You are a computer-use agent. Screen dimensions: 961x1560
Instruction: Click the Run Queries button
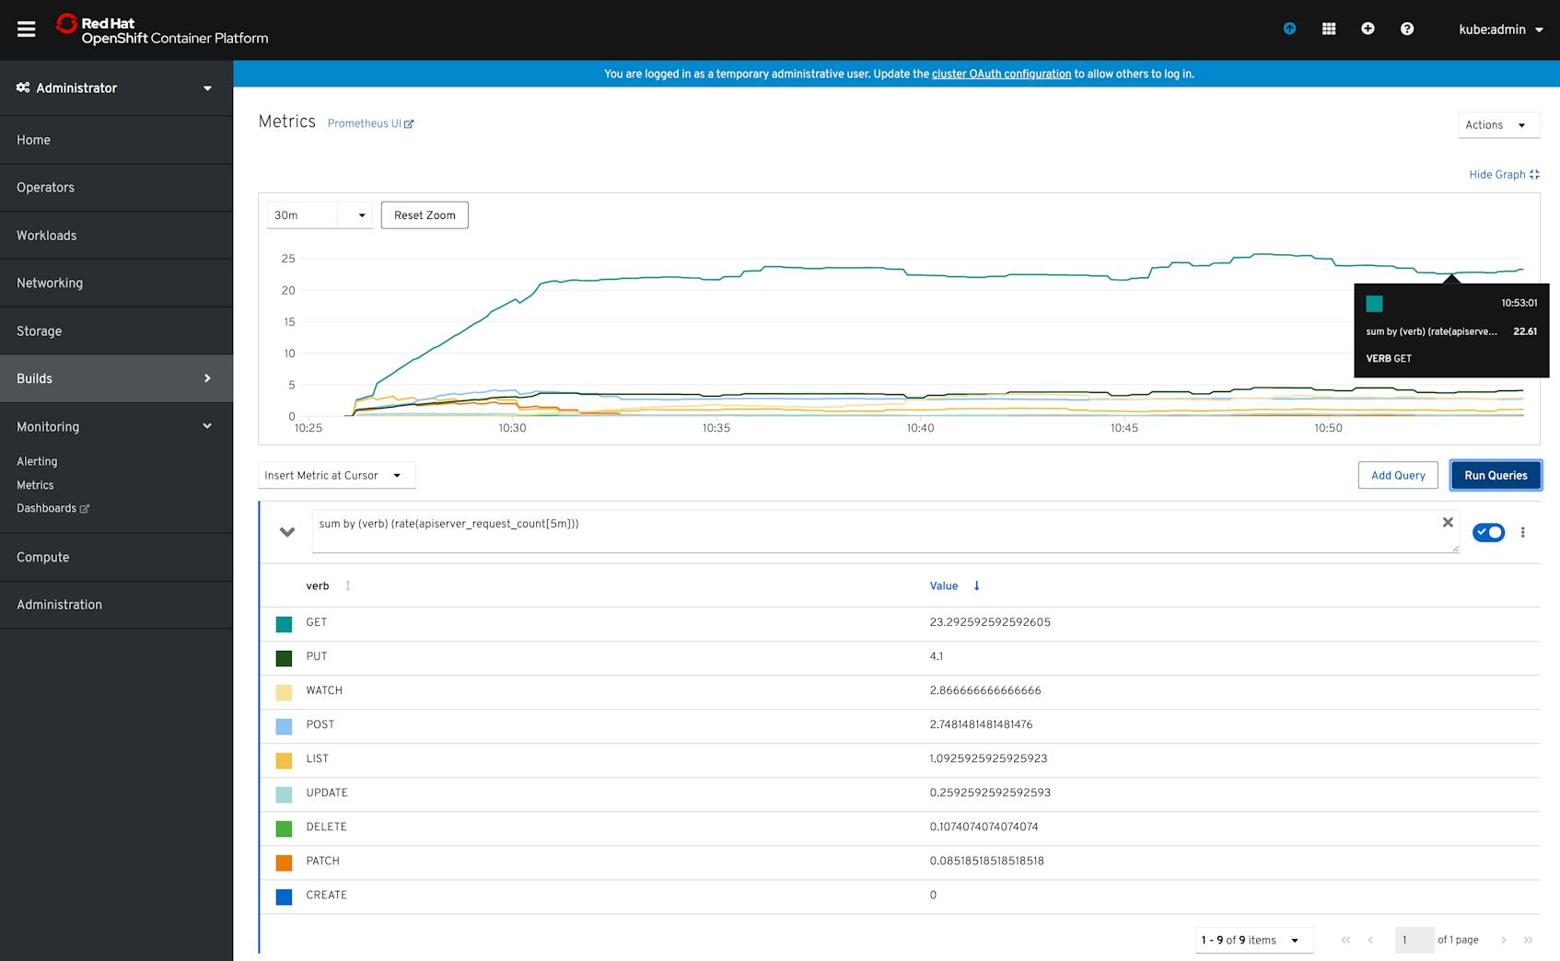point(1496,475)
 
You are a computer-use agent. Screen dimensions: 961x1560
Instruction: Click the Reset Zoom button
point(425,215)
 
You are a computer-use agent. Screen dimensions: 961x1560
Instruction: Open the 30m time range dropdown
point(319,215)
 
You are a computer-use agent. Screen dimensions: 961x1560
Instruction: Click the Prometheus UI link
point(370,123)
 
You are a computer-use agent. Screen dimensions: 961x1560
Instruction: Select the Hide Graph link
point(1503,174)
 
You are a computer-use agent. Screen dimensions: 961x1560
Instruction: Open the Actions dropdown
point(1497,125)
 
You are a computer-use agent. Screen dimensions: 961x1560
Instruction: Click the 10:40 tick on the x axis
point(920,428)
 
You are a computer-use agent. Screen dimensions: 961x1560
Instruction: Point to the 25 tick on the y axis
point(288,259)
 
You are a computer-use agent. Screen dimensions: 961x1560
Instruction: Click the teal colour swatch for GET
point(284,624)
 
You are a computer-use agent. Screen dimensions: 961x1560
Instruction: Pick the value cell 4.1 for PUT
point(936,656)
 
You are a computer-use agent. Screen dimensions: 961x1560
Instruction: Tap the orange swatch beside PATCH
point(284,863)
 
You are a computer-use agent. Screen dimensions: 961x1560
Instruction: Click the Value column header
point(944,585)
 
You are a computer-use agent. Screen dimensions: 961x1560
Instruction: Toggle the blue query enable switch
point(1488,532)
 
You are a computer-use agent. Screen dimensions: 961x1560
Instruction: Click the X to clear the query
point(1448,522)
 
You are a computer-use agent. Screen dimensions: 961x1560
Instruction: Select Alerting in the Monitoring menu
point(37,461)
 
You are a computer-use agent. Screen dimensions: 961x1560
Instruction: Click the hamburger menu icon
point(27,29)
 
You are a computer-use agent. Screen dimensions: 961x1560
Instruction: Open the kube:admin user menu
point(1500,29)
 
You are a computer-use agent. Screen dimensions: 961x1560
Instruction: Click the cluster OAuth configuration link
point(1001,74)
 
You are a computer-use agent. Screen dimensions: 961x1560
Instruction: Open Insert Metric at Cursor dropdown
point(335,475)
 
